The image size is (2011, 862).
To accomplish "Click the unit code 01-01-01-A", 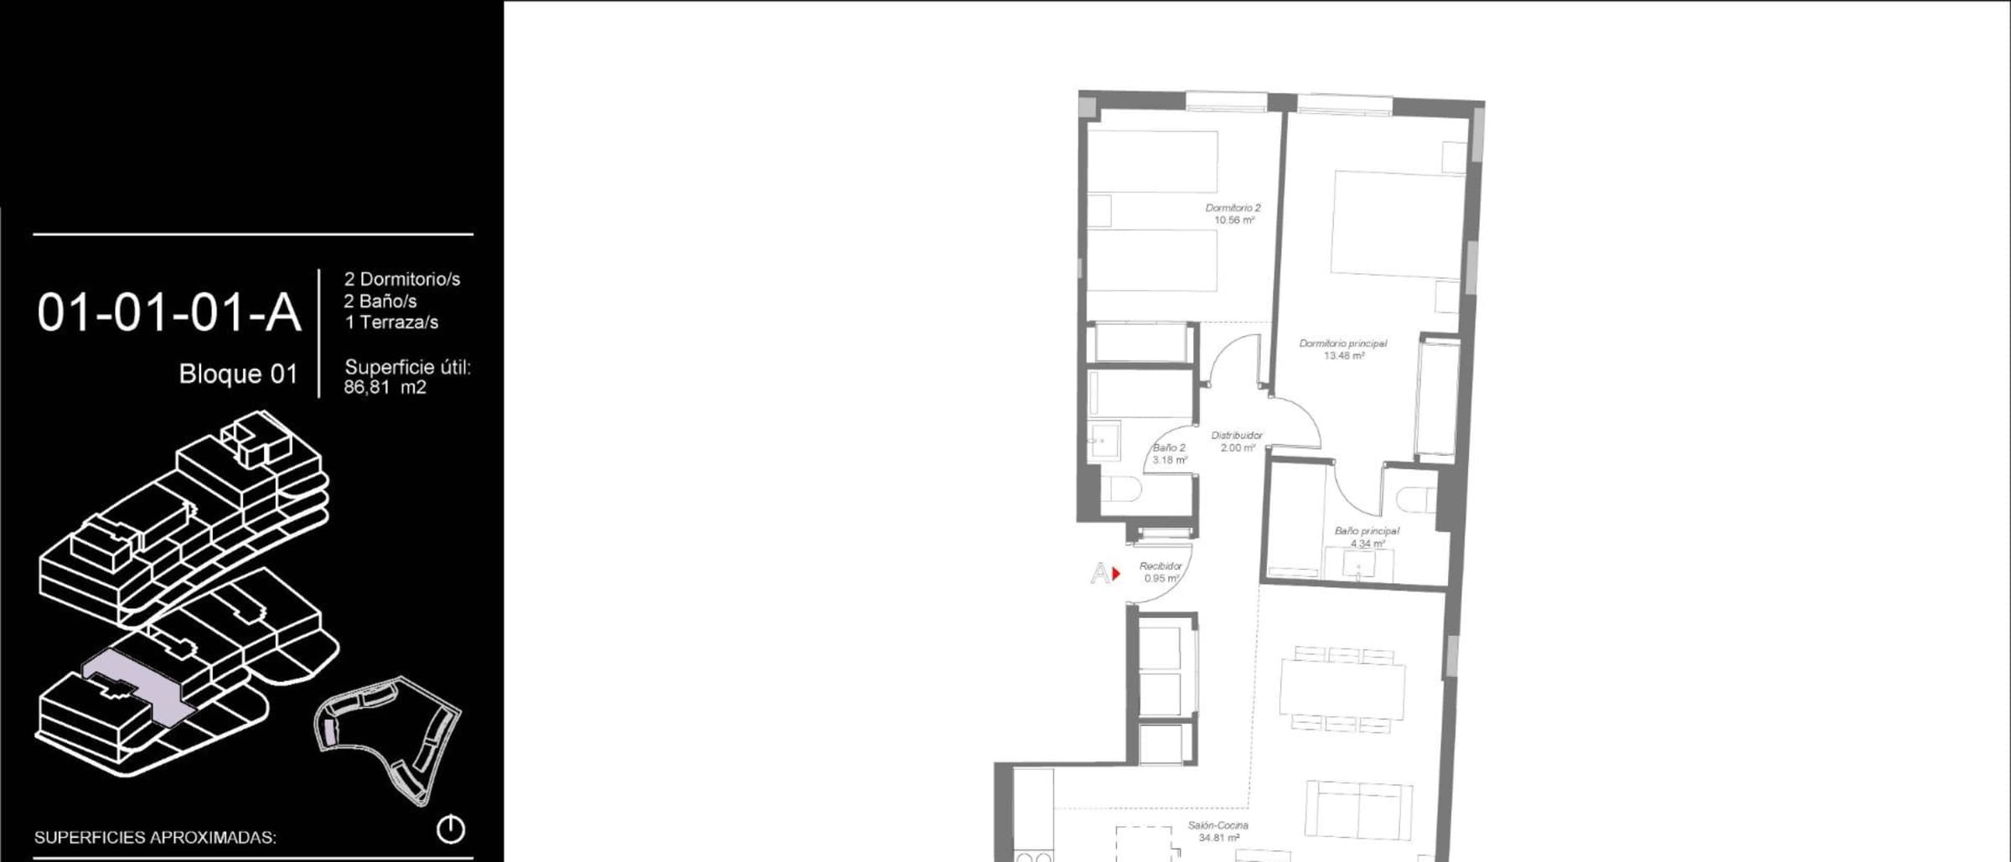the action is [x=168, y=313].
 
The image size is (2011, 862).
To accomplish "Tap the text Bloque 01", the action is [x=238, y=374].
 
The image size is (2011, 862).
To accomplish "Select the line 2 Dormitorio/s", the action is [x=402, y=279].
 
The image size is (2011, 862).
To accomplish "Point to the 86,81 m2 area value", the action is [x=385, y=387].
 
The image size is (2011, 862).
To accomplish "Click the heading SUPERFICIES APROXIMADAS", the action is [x=155, y=837].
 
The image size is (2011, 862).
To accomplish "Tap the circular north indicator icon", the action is [x=451, y=829].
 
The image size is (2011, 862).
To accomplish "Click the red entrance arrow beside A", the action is [x=1116, y=574].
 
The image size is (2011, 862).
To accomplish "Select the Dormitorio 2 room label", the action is [x=1233, y=214].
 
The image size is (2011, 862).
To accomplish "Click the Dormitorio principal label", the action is [x=1343, y=349].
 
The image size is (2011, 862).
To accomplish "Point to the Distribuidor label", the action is [x=1237, y=441].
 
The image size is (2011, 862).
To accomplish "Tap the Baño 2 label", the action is [x=1170, y=454].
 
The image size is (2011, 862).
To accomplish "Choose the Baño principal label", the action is [x=1367, y=537].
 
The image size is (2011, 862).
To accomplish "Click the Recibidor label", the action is [x=1161, y=572].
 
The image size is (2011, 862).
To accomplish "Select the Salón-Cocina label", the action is [x=1218, y=831].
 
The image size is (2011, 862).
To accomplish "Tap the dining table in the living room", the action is [x=1342, y=689].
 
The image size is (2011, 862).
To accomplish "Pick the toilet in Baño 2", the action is [x=1119, y=488].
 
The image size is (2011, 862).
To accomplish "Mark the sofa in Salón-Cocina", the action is [x=1359, y=808].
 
